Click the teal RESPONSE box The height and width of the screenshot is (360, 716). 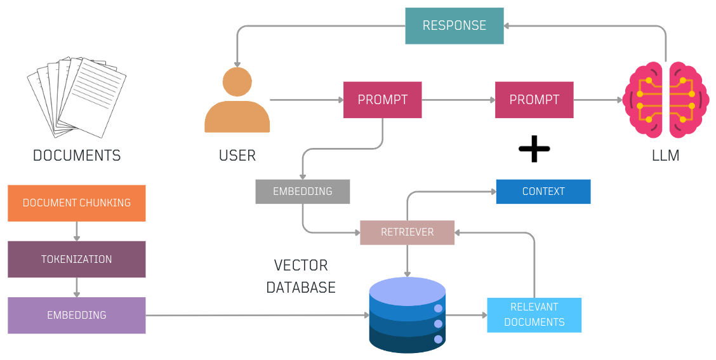click(x=454, y=26)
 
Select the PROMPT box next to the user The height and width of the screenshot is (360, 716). click(x=383, y=100)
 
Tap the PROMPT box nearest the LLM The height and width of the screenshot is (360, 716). click(x=534, y=100)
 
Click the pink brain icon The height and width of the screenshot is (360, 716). click(x=666, y=100)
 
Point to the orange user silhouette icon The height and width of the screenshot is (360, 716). click(x=237, y=102)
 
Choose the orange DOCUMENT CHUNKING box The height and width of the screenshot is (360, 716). click(x=77, y=203)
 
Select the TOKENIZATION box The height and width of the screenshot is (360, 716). click(x=77, y=259)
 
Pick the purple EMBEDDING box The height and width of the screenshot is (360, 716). click(x=77, y=315)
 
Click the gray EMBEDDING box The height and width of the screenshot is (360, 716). click(x=303, y=191)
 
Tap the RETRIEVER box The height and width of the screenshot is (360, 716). click(x=408, y=232)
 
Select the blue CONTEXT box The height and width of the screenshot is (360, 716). click(x=543, y=191)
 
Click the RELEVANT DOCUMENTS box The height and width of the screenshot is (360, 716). click(x=534, y=315)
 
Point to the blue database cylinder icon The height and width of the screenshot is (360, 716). click(x=408, y=314)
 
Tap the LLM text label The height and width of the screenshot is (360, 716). click(x=666, y=155)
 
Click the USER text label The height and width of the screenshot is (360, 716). click(x=237, y=155)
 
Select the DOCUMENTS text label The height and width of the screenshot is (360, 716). click(x=77, y=155)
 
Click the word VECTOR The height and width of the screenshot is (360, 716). click(x=301, y=265)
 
